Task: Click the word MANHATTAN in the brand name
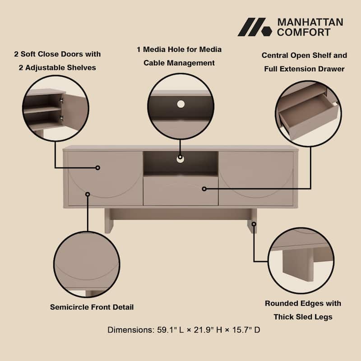tap(310, 22)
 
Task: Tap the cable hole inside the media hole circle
tap(181, 104)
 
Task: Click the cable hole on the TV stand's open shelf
tap(180, 158)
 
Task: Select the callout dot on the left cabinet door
tap(97, 167)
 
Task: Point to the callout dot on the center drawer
tap(204, 189)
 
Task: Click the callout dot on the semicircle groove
tap(88, 194)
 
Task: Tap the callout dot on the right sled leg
tap(254, 224)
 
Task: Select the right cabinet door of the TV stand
tap(256, 178)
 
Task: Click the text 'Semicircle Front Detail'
tap(92, 307)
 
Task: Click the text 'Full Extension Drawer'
tap(304, 69)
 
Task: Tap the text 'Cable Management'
tap(179, 63)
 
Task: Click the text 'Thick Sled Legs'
tap(303, 317)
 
